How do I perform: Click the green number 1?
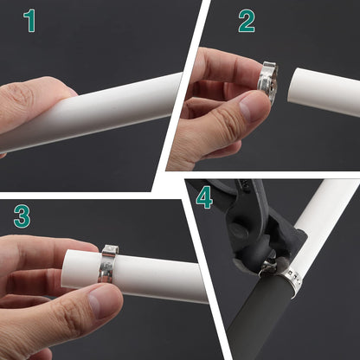click(29, 21)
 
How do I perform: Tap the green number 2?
click(247, 21)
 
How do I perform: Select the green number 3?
click(22, 216)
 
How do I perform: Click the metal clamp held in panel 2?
click(267, 80)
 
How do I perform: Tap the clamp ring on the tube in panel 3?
click(108, 263)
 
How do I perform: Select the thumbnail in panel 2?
click(249, 110)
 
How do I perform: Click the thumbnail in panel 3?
click(100, 303)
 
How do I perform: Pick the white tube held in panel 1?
click(93, 112)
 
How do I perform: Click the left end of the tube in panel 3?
click(66, 268)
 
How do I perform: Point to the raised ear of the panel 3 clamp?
click(111, 250)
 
